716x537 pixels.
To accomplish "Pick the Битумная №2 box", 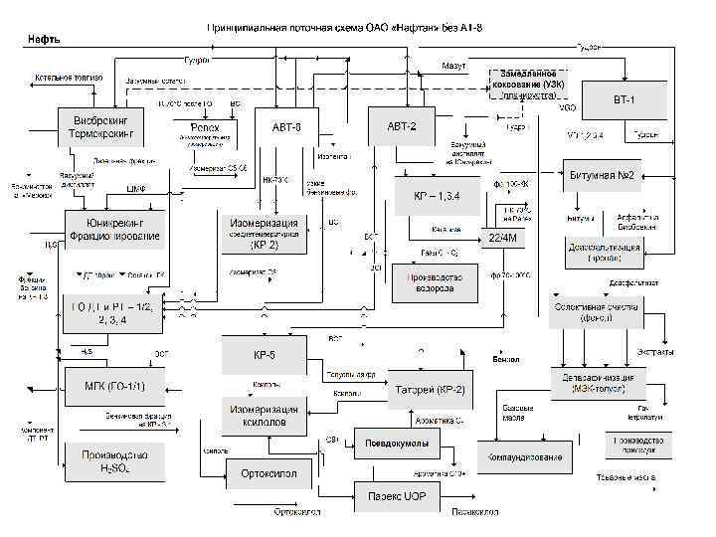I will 608,176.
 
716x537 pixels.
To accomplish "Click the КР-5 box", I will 264,355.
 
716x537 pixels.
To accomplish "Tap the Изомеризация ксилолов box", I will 264,416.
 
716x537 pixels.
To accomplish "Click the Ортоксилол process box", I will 268,473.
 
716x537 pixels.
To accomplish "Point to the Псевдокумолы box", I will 396,443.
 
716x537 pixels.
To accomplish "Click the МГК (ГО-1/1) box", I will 107,385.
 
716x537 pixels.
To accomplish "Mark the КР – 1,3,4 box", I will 438,196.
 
